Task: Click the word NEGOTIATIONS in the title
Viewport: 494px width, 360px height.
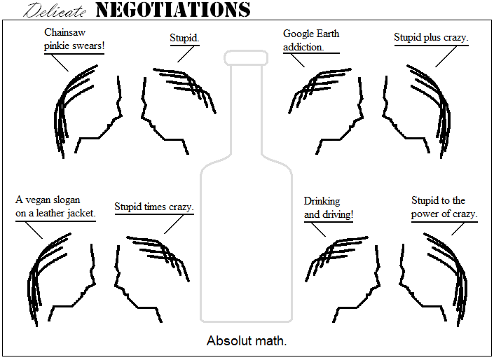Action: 172,10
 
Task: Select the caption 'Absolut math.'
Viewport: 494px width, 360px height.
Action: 247,341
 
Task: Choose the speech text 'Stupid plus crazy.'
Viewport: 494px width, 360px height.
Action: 431,37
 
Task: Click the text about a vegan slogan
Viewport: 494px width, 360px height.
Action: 55,207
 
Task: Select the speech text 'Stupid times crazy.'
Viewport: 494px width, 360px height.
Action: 154,207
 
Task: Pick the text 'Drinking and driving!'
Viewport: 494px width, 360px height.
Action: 328,208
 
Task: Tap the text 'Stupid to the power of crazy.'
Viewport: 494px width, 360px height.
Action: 444,207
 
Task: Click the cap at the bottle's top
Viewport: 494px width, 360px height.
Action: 246,57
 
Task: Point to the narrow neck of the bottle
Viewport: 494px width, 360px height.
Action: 246,105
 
